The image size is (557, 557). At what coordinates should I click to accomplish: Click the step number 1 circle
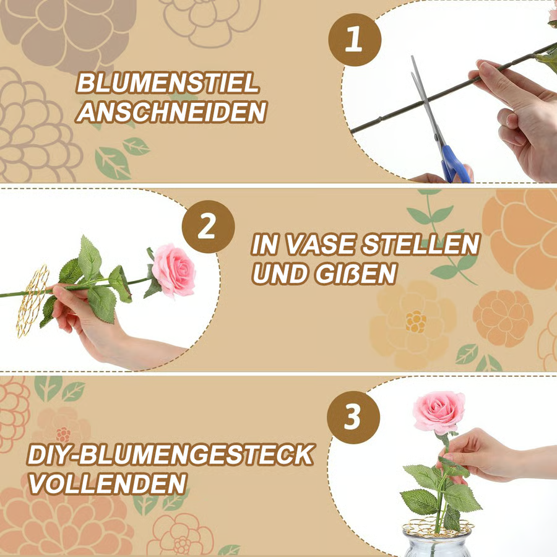[x=355, y=40]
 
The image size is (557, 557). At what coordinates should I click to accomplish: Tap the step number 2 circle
[x=208, y=227]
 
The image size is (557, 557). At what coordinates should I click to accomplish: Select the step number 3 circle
[x=353, y=417]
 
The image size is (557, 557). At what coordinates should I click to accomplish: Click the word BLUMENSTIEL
[x=167, y=83]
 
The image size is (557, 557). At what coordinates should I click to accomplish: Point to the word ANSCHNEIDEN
[x=172, y=112]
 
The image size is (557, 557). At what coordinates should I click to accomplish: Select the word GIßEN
[x=356, y=274]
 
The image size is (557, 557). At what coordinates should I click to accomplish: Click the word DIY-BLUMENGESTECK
[x=170, y=454]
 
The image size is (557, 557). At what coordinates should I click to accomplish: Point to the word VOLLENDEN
[x=108, y=483]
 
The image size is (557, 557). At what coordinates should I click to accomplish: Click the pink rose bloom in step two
[x=174, y=270]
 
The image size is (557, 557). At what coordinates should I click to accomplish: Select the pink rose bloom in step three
[x=439, y=412]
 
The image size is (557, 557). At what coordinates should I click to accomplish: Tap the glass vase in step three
[x=436, y=542]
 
